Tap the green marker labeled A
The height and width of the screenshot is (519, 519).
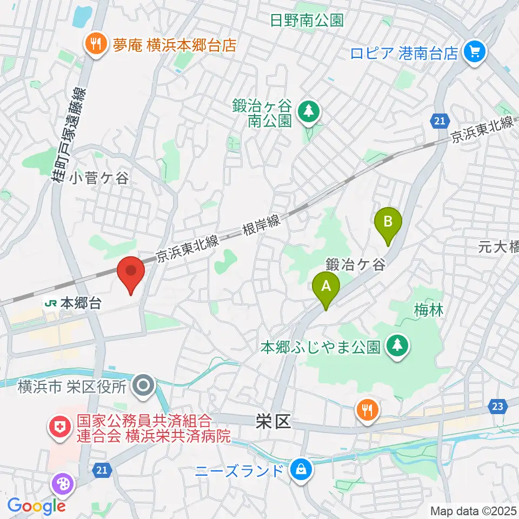point(326,288)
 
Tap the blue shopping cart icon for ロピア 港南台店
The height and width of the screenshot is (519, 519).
point(475,52)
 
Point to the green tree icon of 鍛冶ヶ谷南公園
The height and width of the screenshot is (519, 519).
point(309,112)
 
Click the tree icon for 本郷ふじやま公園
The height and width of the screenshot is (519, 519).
point(398,346)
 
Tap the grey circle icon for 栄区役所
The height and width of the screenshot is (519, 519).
point(143,386)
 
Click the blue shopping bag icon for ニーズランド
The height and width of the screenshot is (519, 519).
point(299,470)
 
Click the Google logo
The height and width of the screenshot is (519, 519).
point(36,506)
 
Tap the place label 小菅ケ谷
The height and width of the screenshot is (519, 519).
point(99,178)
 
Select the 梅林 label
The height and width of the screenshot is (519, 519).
point(429,310)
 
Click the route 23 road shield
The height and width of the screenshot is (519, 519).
point(498,405)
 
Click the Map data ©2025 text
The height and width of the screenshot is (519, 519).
point(473,510)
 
